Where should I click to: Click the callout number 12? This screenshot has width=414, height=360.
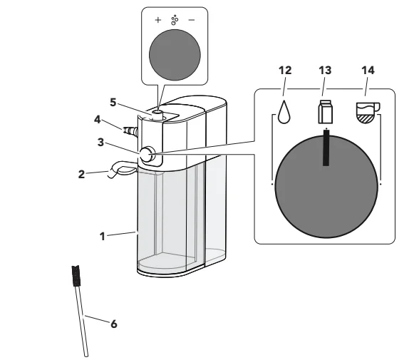tap(285, 71)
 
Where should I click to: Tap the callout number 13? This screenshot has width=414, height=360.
tap(325, 71)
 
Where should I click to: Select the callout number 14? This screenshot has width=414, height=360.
tap(368, 71)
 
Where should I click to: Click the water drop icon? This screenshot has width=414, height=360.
tap(284, 112)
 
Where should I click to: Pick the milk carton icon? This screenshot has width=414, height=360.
tap(325, 112)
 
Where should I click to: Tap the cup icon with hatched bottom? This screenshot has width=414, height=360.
tap(368, 112)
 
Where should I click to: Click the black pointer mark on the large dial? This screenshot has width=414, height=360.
tap(326, 148)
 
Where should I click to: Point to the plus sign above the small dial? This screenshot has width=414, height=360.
tap(158, 20)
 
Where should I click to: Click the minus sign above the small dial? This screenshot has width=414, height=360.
tap(192, 20)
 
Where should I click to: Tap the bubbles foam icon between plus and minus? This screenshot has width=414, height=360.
tap(175, 20)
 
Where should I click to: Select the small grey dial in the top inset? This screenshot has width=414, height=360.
tap(175, 55)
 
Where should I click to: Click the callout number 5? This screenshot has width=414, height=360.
tap(113, 102)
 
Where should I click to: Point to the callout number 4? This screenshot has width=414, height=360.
tap(97, 120)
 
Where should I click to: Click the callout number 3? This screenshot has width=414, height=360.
tap(100, 143)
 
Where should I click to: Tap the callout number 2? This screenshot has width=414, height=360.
tap(81, 175)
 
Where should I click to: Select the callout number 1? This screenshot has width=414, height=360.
tap(103, 237)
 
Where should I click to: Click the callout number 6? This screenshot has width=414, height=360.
tap(113, 324)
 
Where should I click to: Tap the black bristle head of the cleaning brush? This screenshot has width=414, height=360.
tap(76, 276)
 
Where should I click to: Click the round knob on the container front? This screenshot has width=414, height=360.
tap(146, 155)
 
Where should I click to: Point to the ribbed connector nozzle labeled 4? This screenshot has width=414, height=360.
tap(130, 130)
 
